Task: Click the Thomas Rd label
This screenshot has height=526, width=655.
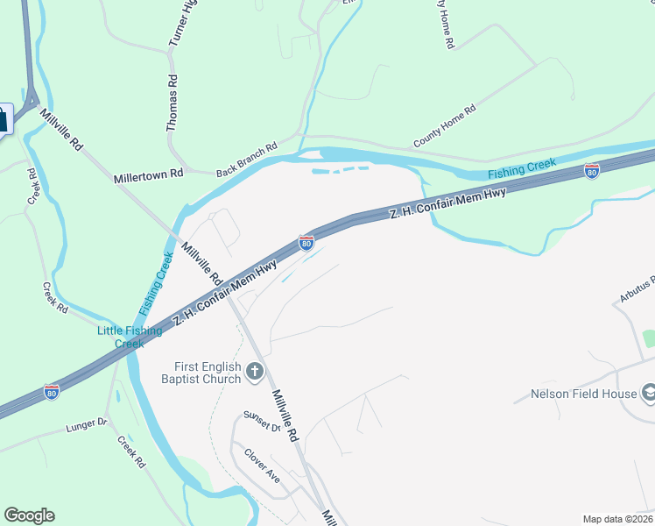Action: point(173,103)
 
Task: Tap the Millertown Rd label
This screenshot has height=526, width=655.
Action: point(148,175)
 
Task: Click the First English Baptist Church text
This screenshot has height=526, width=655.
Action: point(201,372)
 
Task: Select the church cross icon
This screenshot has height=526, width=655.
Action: point(255,372)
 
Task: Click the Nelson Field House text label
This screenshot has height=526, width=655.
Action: point(583,394)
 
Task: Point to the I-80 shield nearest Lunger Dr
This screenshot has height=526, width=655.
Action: point(52,392)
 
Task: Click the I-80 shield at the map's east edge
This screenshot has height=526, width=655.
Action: point(592,172)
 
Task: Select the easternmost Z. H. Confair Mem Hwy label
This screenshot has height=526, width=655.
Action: point(447,203)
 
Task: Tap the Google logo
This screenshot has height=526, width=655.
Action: point(29,515)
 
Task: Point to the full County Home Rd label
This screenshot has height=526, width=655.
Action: point(444,127)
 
